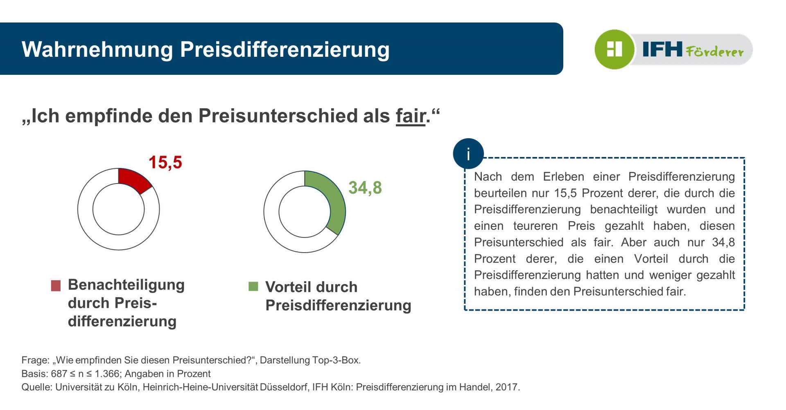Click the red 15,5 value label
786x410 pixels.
click(165, 162)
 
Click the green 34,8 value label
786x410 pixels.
click(365, 188)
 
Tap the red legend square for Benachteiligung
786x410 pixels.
click(56, 285)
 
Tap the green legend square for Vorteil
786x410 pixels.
click(253, 286)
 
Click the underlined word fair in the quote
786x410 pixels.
click(410, 116)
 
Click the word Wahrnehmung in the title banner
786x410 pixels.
click(97, 49)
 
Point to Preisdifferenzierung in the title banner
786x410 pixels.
click(285, 49)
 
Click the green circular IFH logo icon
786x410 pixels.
click(614, 49)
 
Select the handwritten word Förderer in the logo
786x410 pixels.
click(714, 52)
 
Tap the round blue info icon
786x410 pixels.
click(468, 154)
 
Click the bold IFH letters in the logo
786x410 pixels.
click(662, 49)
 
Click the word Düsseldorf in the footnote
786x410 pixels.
click(283, 387)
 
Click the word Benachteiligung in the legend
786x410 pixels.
click(126, 285)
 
